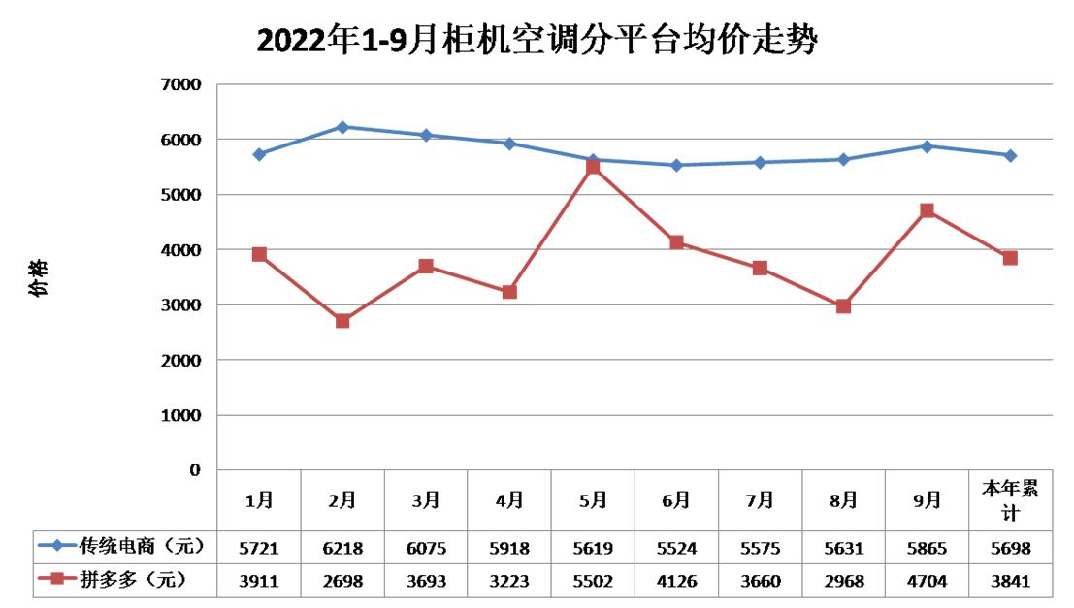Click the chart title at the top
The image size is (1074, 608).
tap(537, 41)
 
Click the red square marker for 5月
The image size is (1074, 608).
tap(593, 167)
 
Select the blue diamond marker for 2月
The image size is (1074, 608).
tap(342, 127)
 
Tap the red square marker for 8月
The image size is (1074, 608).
tap(843, 306)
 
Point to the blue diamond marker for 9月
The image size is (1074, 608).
tap(927, 146)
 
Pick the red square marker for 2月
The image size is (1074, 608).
tap(342, 321)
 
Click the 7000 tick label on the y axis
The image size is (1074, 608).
tap(181, 84)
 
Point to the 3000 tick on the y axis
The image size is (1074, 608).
tap(181, 304)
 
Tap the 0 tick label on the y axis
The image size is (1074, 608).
tap(195, 470)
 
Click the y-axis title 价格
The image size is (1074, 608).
tap(36, 277)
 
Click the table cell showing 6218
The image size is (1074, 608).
tap(342, 548)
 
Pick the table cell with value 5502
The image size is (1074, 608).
tap(593, 581)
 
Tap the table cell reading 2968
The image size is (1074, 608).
tap(843, 581)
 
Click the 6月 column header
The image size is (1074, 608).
tap(676, 500)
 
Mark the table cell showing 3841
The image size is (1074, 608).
tap(1010, 581)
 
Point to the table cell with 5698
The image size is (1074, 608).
tap(1010, 548)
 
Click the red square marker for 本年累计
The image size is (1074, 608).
tap(1010, 258)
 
